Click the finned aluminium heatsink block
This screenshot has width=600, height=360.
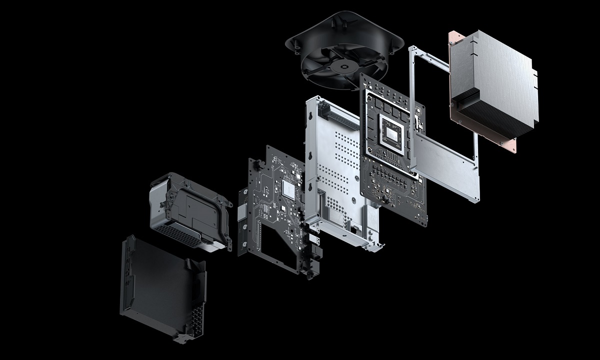[x=492, y=82]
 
